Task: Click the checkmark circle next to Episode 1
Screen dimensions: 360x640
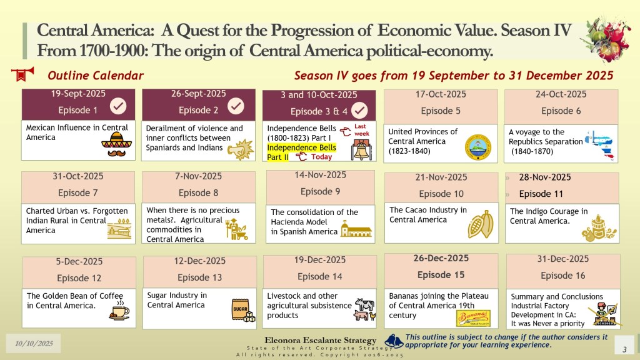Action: point(118,107)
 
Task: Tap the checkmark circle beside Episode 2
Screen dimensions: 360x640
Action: point(236,107)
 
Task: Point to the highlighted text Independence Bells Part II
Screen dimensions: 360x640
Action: point(301,152)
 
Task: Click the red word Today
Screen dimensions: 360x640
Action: point(322,157)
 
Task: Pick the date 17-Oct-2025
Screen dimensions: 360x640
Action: point(441,94)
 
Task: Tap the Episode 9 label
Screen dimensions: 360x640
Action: point(320,191)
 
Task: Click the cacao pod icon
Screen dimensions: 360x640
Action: point(480,224)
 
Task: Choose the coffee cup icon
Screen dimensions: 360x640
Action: point(119,311)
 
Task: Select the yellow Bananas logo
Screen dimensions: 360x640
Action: point(473,317)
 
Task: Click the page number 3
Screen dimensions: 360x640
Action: point(624,347)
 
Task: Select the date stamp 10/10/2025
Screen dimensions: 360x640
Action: point(29,343)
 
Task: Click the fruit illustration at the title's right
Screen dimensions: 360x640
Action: point(603,40)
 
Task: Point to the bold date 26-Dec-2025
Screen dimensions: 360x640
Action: point(441,258)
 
